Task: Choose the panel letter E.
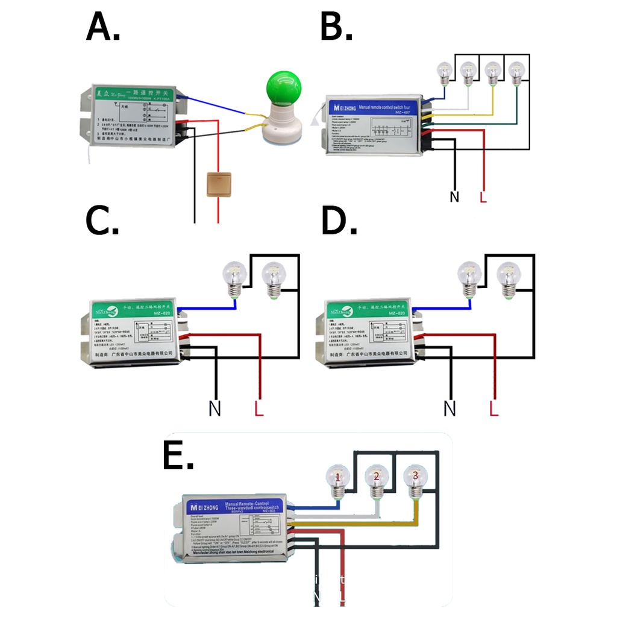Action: click(x=178, y=456)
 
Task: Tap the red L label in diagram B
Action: click(x=483, y=197)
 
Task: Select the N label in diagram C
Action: click(x=215, y=409)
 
